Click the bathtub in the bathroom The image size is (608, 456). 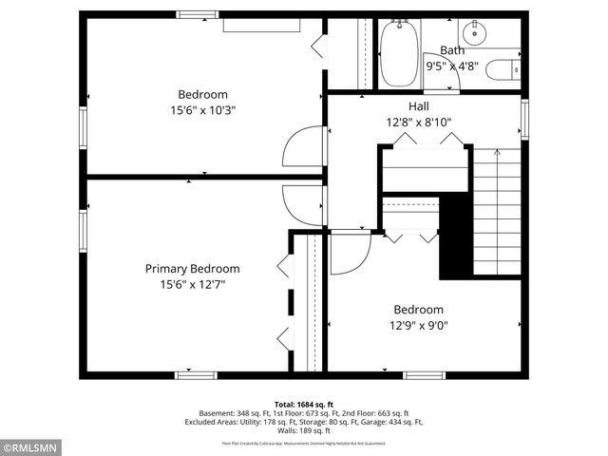pos(399,55)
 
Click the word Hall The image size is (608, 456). pos(419,105)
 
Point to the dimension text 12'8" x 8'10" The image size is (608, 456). pos(419,121)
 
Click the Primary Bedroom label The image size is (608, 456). pos(192,269)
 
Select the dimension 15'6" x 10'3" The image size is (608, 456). pos(203,109)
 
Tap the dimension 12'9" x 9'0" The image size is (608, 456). pos(419,325)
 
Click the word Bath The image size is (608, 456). pos(451,49)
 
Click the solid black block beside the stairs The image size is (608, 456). pos(456,236)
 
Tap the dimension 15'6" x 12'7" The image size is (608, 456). pos(192,284)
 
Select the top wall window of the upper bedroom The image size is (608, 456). pos(198,14)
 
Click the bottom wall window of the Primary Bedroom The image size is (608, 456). pos(190,375)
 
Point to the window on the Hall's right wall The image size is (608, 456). pos(523,119)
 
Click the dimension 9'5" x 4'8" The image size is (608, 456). pos(452,66)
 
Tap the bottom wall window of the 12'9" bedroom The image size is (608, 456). pos(424,375)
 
